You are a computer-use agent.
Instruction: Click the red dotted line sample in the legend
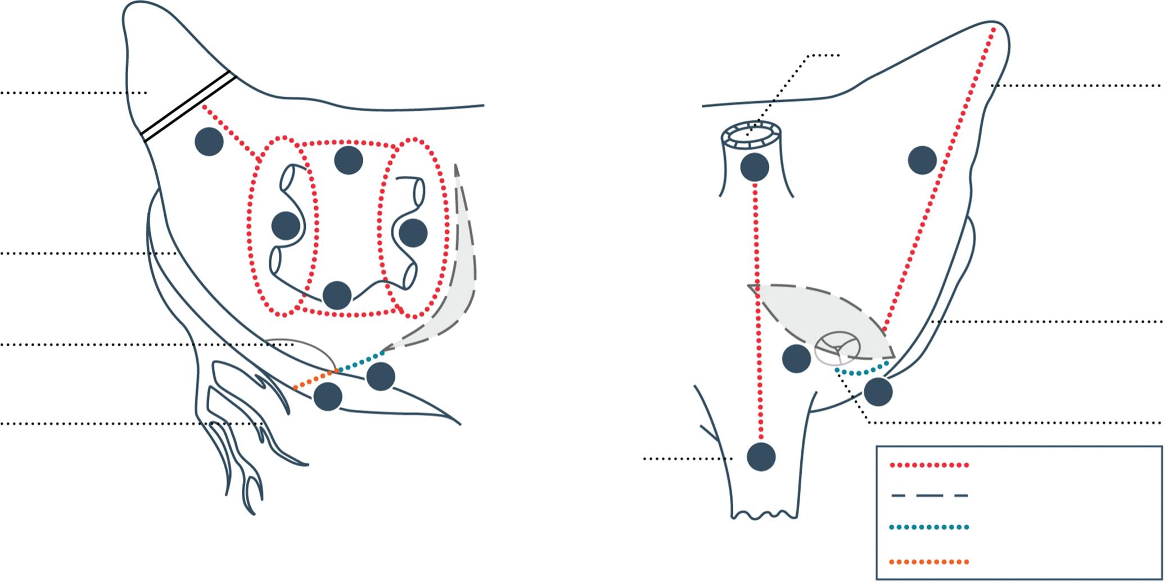click(x=929, y=465)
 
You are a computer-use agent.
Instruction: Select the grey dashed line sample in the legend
click(x=929, y=495)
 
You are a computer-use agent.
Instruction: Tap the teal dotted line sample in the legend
click(x=929, y=527)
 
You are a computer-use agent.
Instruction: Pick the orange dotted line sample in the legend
click(x=929, y=561)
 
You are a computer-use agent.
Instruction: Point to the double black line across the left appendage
click(x=188, y=106)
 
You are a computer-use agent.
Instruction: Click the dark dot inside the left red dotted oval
click(x=286, y=226)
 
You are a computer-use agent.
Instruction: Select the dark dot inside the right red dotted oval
click(x=413, y=232)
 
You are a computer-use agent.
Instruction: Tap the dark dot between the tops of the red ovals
click(x=349, y=160)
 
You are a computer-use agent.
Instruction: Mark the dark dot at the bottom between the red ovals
click(x=337, y=295)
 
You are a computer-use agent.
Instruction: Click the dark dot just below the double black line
click(x=209, y=141)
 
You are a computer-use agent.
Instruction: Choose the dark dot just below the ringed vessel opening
click(x=755, y=167)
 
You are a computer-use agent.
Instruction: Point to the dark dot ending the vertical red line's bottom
click(x=761, y=457)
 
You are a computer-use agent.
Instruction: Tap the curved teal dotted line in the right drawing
click(x=860, y=372)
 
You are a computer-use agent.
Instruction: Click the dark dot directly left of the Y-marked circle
click(x=797, y=358)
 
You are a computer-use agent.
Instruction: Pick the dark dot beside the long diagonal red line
click(x=922, y=160)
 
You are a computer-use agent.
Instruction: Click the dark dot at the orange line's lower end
click(x=328, y=396)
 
